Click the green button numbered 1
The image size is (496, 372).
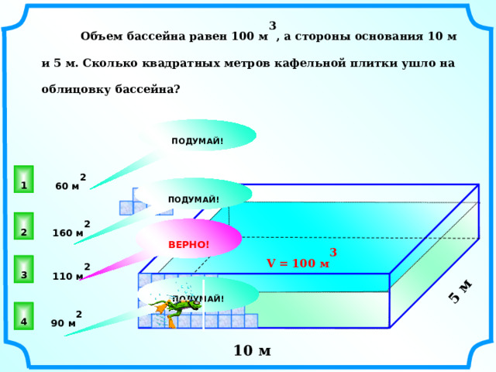pos(24,179)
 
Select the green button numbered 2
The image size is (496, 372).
pos(24,226)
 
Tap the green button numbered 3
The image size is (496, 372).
pos(24,269)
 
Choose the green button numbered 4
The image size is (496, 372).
pos(24,315)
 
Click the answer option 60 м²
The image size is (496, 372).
pos(71,183)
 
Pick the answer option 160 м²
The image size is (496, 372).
pos(71,229)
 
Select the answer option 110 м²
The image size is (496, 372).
pos(71,272)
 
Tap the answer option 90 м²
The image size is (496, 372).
pos(67,319)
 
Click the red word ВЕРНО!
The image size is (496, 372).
pos(188,245)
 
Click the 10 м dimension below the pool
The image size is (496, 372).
pos(252,350)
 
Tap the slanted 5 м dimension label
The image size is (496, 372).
pos(460,291)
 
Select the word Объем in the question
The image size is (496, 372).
pos(102,36)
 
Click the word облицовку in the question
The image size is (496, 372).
pos(76,90)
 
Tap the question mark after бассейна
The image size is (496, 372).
pos(177,89)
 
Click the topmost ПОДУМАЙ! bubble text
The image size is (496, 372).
pos(198,141)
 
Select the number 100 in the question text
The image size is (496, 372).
pos(243,36)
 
